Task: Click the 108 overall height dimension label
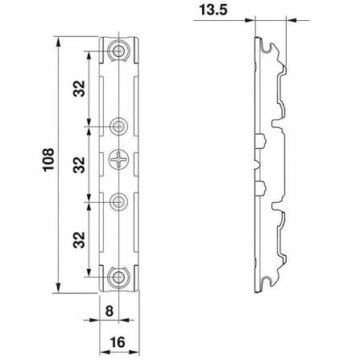[48, 159]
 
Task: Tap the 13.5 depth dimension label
[213, 10]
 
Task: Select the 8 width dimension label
[109, 312]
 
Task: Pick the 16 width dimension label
[118, 342]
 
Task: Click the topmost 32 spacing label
[79, 89]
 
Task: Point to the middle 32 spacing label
[79, 164]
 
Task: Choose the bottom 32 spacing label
[79, 240]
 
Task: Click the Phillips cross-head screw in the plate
[118, 159]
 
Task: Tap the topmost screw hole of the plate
[118, 51]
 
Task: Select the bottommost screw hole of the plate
[118, 277]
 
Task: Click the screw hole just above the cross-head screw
[118, 126]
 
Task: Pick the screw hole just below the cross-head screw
[118, 201]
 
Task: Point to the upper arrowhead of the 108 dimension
[58, 41]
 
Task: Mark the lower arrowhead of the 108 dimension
[58, 288]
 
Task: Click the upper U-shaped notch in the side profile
[277, 124]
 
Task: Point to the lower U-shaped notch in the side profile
[277, 206]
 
